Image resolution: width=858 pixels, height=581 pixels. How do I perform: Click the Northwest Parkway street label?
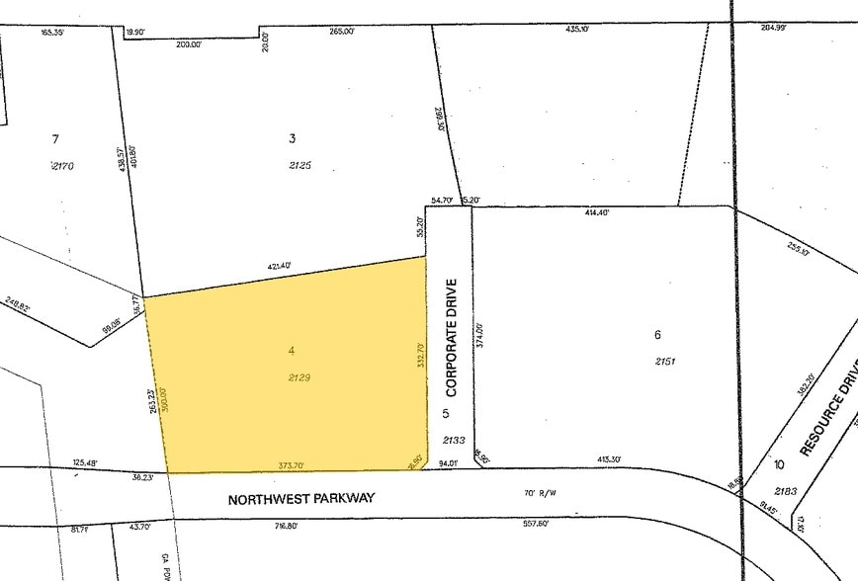click(301, 499)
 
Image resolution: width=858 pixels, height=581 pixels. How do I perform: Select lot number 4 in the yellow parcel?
click(292, 350)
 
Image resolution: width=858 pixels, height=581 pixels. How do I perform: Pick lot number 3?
click(293, 138)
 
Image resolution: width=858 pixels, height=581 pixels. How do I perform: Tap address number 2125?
click(300, 166)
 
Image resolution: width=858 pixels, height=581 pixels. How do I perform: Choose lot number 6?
click(657, 335)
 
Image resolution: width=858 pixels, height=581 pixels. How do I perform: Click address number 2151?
click(666, 362)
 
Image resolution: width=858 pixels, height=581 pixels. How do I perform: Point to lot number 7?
click(55, 138)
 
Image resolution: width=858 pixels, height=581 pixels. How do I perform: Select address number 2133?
click(453, 441)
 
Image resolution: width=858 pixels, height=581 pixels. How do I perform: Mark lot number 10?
click(780, 464)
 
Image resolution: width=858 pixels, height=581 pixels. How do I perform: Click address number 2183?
click(787, 491)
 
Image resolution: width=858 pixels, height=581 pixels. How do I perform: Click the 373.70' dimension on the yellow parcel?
click(288, 465)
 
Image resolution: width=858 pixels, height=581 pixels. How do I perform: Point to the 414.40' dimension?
click(597, 212)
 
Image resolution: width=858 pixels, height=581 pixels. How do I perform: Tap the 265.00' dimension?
click(341, 32)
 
